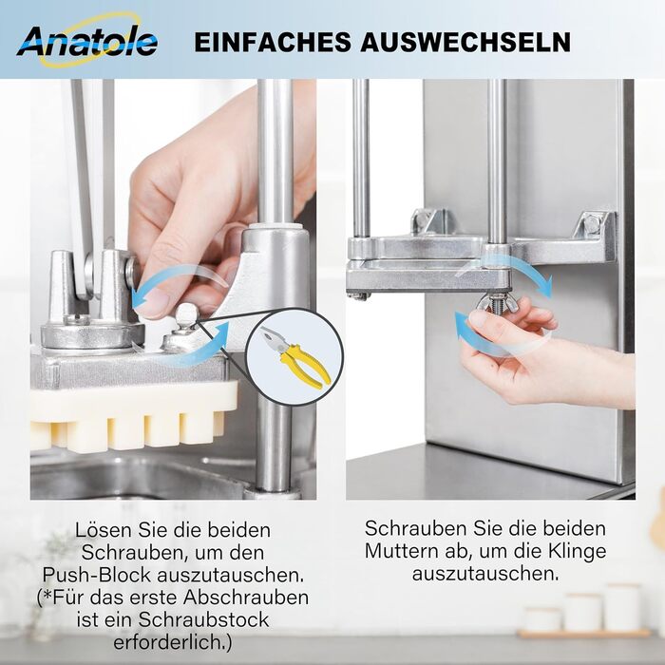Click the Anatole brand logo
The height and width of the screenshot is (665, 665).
click(x=87, y=40)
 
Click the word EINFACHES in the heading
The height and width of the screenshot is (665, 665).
click(x=273, y=42)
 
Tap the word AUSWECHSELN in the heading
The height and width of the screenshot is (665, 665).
click(x=465, y=42)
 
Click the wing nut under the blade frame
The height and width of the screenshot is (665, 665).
click(x=495, y=303)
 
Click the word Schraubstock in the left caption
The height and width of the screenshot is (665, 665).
click(x=203, y=619)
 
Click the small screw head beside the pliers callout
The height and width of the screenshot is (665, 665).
click(x=185, y=314)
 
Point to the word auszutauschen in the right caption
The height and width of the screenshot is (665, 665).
click(x=484, y=574)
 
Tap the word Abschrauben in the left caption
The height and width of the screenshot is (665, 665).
click(x=246, y=598)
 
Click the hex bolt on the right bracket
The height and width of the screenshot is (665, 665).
click(x=593, y=225)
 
